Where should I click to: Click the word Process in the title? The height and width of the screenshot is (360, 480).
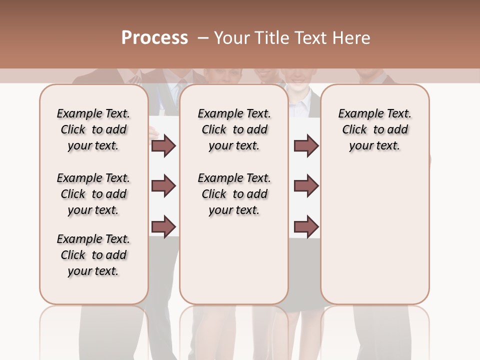[x=154, y=38]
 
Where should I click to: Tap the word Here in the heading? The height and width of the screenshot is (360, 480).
[x=351, y=38]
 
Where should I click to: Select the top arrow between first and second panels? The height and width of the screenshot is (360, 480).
[x=163, y=146]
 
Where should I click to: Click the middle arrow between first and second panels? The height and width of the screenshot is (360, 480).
[x=163, y=186]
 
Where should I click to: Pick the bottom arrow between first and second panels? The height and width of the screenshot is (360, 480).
[x=163, y=226]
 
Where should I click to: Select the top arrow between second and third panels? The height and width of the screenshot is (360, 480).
[x=306, y=146]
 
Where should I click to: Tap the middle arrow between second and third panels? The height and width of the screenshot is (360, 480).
[x=306, y=186]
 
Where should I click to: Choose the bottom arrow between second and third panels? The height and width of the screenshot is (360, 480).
[x=306, y=226]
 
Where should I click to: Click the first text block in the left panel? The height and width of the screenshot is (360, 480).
[x=93, y=129]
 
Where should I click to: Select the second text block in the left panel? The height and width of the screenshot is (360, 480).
[x=93, y=194]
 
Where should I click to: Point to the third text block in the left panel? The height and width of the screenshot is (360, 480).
[x=93, y=255]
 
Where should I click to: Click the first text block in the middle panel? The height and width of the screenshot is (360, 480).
[x=234, y=129]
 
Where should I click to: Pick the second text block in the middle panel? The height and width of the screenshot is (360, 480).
[x=234, y=194]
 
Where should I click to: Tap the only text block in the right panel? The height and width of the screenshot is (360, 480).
[x=374, y=129]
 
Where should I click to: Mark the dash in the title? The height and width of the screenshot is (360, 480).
[x=202, y=38]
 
